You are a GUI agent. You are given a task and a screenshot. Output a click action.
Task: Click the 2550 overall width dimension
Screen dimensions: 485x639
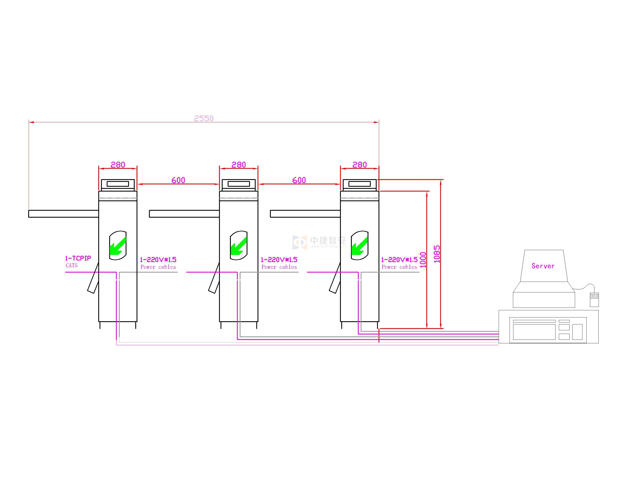click(x=204, y=119)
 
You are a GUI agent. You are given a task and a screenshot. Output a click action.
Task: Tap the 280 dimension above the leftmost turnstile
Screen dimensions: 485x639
click(x=118, y=165)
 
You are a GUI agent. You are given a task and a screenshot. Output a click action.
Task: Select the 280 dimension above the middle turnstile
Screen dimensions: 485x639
click(x=239, y=165)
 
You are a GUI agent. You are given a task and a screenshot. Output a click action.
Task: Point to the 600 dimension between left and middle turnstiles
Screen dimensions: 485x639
click(x=178, y=180)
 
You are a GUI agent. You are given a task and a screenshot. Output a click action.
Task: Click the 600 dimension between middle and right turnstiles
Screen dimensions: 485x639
click(x=299, y=180)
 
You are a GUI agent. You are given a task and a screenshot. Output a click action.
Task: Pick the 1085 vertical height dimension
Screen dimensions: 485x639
click(x=437, y=254)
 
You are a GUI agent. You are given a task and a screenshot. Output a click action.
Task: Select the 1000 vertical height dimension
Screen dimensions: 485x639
click(x=423, y=260)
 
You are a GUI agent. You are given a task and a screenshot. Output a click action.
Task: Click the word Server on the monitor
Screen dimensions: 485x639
click(x=543, y=266)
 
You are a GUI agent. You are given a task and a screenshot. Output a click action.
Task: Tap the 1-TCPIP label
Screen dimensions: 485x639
click(x=78, y=258)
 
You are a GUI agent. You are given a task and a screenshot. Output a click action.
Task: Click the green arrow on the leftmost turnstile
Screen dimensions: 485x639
click(x=118, y=246)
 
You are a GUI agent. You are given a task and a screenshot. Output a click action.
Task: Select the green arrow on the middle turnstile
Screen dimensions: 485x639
click(x=238, y=246)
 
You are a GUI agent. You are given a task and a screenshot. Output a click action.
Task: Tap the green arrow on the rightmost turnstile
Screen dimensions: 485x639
click(x=359, y=246)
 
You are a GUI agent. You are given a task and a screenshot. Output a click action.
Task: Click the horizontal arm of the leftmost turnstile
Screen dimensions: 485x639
click(x=64, y=214)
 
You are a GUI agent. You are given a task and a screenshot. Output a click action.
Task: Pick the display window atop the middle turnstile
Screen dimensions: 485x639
click(x=239, y=184)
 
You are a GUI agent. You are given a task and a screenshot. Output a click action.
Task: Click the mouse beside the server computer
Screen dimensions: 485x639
click(x=594, y=299)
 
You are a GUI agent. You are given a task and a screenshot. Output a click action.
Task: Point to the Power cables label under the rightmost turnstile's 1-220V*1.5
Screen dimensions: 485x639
click(x=399, y=267)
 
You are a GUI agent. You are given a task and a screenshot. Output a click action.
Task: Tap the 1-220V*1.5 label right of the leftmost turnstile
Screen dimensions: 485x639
click(x=158, y=260)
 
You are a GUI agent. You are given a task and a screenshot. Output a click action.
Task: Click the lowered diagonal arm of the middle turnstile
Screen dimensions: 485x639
click(x=214, y=279)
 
